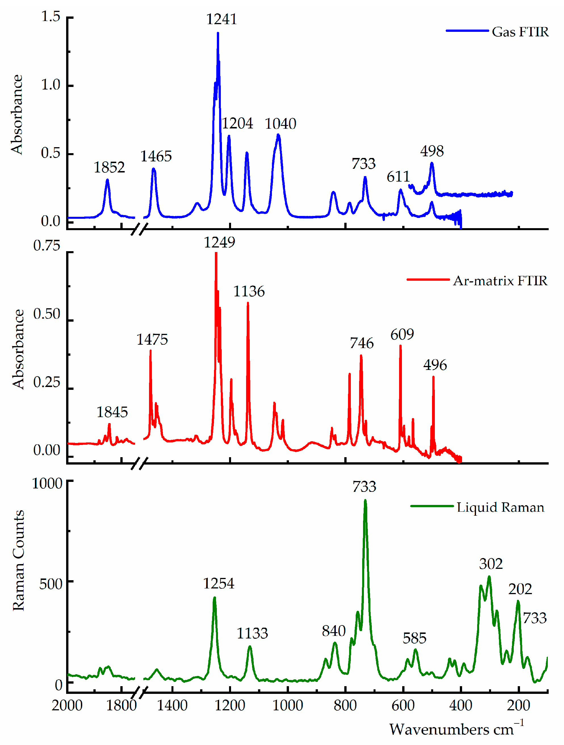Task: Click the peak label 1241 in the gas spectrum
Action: pyautogui.click(x=221, y=19)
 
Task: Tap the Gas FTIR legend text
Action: pyautogui.click(x=520, y=32)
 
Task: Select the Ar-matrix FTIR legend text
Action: pyautogui.click(x=500, y=280)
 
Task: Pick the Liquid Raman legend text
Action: pyautogui.click(x=500, y=507)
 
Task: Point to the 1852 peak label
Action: pyautogui.click(x=109, y=167)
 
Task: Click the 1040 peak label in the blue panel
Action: pyautogui.click(x=280, y=124)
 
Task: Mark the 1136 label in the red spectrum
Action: pyautogui.click(x=249, y=291)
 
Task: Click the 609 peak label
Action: pyautogui.click(x=402, y=334)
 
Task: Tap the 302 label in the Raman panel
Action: pyautogui.click(x=491, y=564)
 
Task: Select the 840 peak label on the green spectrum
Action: pyautogui.click(x=334, y=631)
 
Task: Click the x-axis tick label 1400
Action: pyautogui.click(x=172, y=706)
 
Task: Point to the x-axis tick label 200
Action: pyautogui.click(x=518, y=706)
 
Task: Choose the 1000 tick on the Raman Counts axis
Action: pyautogui.click(x=47, y=484)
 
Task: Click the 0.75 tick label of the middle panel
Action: pyautogui.click(x=47, y=245)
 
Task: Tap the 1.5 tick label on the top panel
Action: pyautogui.click(x=51, y=16)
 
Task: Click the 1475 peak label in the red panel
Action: pyautogui.click(x=152, y=340)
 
